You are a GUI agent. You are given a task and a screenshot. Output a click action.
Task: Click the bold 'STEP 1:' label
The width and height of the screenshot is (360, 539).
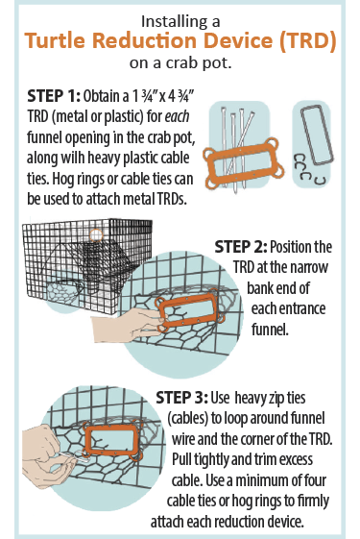[x=48, y=96]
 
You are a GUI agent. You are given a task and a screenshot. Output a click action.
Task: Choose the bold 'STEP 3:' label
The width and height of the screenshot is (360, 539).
[x=188, y=397]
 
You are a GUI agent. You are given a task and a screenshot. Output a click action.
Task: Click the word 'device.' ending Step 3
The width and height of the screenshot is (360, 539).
[x=313, y=522]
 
